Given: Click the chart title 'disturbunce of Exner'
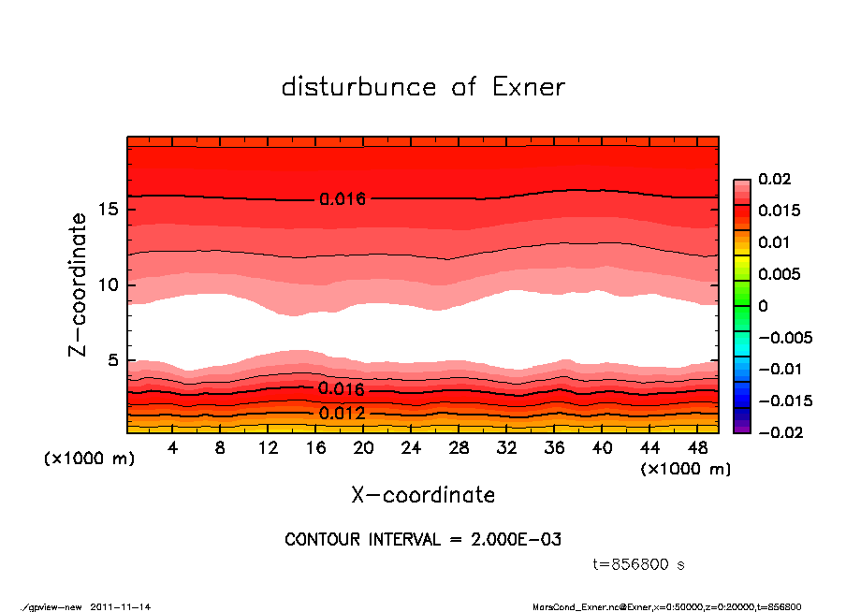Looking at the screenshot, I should click(x=423, y=87).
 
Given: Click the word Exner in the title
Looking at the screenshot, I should click(x=528, y=87).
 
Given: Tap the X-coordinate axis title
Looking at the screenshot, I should click(x=423, y=495).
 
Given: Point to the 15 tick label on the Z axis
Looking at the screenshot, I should click(x=107, y=210).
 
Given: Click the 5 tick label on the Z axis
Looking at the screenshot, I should click(x=112, y=360).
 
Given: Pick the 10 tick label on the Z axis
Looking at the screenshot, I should click(x=107, y=285).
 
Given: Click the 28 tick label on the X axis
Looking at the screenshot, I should click(x=459, y=448).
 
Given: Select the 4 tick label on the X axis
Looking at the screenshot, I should click(x=173, y=448).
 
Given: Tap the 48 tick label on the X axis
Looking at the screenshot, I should click(x=698, y=448).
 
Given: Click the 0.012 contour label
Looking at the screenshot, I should click(x=342, y=413).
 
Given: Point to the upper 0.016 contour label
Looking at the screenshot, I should click(x=342, y=198).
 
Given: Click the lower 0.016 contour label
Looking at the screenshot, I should click(x=342, y=388).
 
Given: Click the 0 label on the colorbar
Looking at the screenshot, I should click(x=763, y=306).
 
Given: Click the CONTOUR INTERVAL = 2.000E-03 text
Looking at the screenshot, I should click(x=422, y=540).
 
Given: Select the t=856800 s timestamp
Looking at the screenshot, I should click(x=639, y=564).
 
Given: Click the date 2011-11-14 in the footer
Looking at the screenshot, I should click(x=121, y=606).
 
